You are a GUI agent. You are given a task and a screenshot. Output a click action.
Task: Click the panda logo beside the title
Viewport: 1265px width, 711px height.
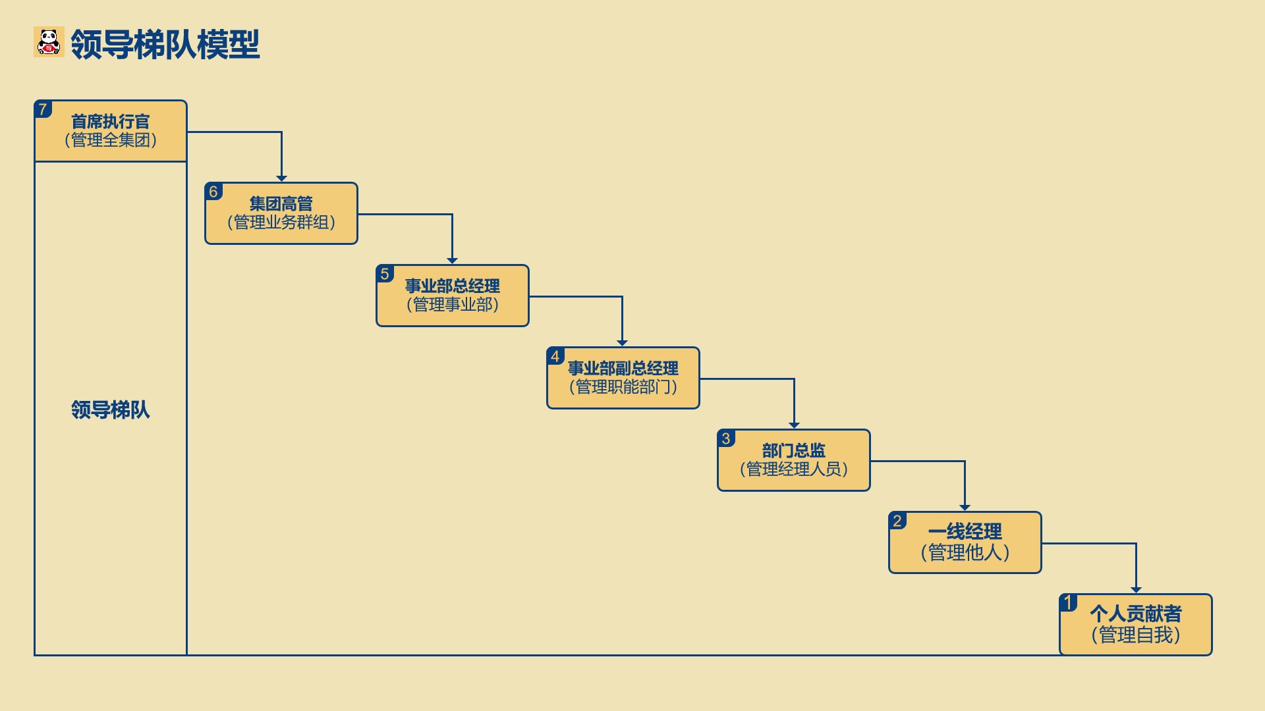[49, 41]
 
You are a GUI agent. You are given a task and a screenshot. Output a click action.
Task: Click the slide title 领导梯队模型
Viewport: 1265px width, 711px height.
[165, 44]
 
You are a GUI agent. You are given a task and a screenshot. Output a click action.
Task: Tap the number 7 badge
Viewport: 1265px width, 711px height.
[43, 109]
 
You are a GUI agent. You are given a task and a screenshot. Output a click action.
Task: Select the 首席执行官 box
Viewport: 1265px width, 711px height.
[111, 131]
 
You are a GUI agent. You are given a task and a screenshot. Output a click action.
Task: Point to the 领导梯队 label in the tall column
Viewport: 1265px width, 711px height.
[111, 409]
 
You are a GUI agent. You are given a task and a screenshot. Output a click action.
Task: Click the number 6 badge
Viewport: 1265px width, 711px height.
[213, 192]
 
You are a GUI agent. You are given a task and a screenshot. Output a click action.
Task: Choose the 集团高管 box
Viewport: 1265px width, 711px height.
[281, 213]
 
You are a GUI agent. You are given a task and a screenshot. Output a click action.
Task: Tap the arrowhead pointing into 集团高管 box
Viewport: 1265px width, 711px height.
[281, 178]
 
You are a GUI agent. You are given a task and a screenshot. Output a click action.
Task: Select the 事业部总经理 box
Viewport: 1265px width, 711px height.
[453, 296]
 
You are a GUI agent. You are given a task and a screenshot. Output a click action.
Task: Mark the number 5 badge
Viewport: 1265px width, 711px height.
[385, 274]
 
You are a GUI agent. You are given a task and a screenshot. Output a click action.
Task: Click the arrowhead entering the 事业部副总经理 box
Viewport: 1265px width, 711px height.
[622, 343]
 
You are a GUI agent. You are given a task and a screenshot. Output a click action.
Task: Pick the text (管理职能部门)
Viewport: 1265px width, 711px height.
[623, 386]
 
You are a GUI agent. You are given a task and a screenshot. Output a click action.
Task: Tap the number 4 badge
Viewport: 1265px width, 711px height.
[555, 356]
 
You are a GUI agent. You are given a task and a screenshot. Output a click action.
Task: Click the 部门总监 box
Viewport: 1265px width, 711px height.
[794, 460]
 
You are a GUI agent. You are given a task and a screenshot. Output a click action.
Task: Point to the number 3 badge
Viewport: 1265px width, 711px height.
[726, 438]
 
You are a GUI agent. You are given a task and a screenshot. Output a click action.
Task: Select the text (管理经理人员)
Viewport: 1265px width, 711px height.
[794, 469]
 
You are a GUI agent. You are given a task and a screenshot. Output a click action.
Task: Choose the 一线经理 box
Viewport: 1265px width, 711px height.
[965, 542]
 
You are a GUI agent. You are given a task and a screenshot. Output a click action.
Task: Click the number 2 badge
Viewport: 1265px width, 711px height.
[897, 521]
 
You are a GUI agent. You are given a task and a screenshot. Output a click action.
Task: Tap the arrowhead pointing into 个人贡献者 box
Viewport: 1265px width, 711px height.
[1136, 590]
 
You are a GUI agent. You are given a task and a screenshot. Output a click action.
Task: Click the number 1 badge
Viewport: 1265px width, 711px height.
[1068, 603]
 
